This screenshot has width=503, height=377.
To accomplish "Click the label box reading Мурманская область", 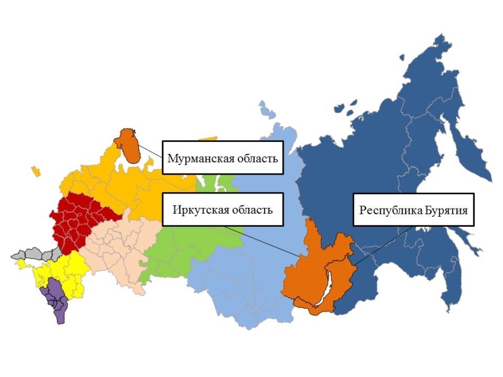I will coord(222,157).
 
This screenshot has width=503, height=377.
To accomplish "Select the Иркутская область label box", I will coord(222,209).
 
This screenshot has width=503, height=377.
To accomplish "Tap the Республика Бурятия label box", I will coord(413,209).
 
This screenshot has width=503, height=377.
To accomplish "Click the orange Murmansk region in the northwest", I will coord(130,146).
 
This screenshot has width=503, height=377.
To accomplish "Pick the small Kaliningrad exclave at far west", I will coord(36,170).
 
